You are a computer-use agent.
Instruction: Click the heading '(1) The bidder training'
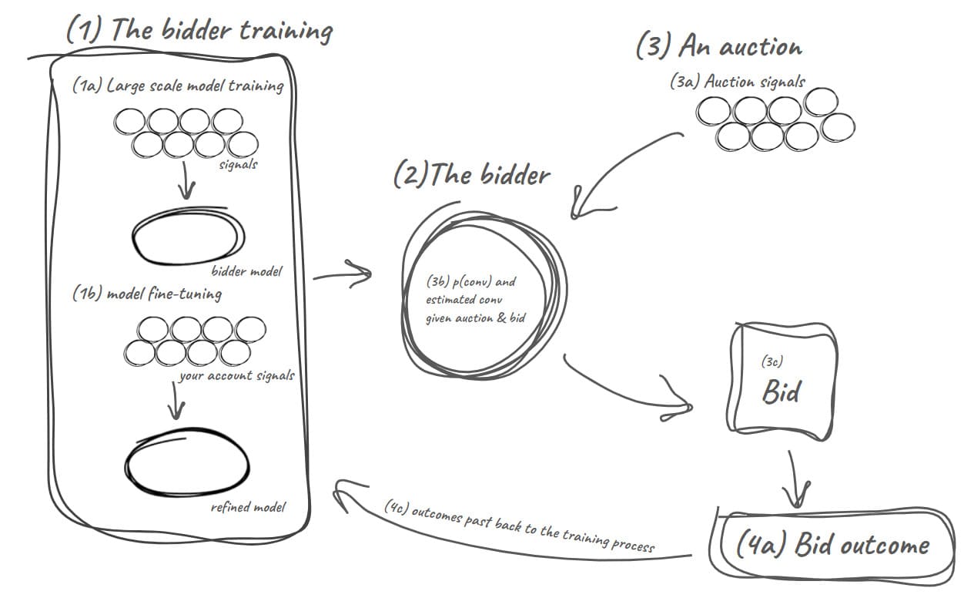click(x=199, y=31)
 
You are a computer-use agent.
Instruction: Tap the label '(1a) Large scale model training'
click(x=178, y=86)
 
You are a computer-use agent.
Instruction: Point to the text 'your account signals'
click(x=236, y=376)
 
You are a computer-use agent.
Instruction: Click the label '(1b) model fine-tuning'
click(x=146, y=294)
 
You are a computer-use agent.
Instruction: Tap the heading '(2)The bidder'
click(x=471, y=175)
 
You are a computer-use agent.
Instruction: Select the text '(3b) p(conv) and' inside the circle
click(x=470, y=282)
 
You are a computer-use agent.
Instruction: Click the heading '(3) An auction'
click(x=718, y=46)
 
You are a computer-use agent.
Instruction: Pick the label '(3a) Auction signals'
click(x=737, y=82)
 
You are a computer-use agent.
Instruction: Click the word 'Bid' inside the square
click(x=780, y=392)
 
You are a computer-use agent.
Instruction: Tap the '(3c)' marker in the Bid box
click(x=772, y=360)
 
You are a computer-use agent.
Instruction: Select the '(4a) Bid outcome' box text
click(x=832, y=546)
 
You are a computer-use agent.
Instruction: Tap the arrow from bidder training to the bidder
click(x=343, y=273)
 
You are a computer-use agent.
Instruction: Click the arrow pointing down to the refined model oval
click(x=178, y=399)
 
